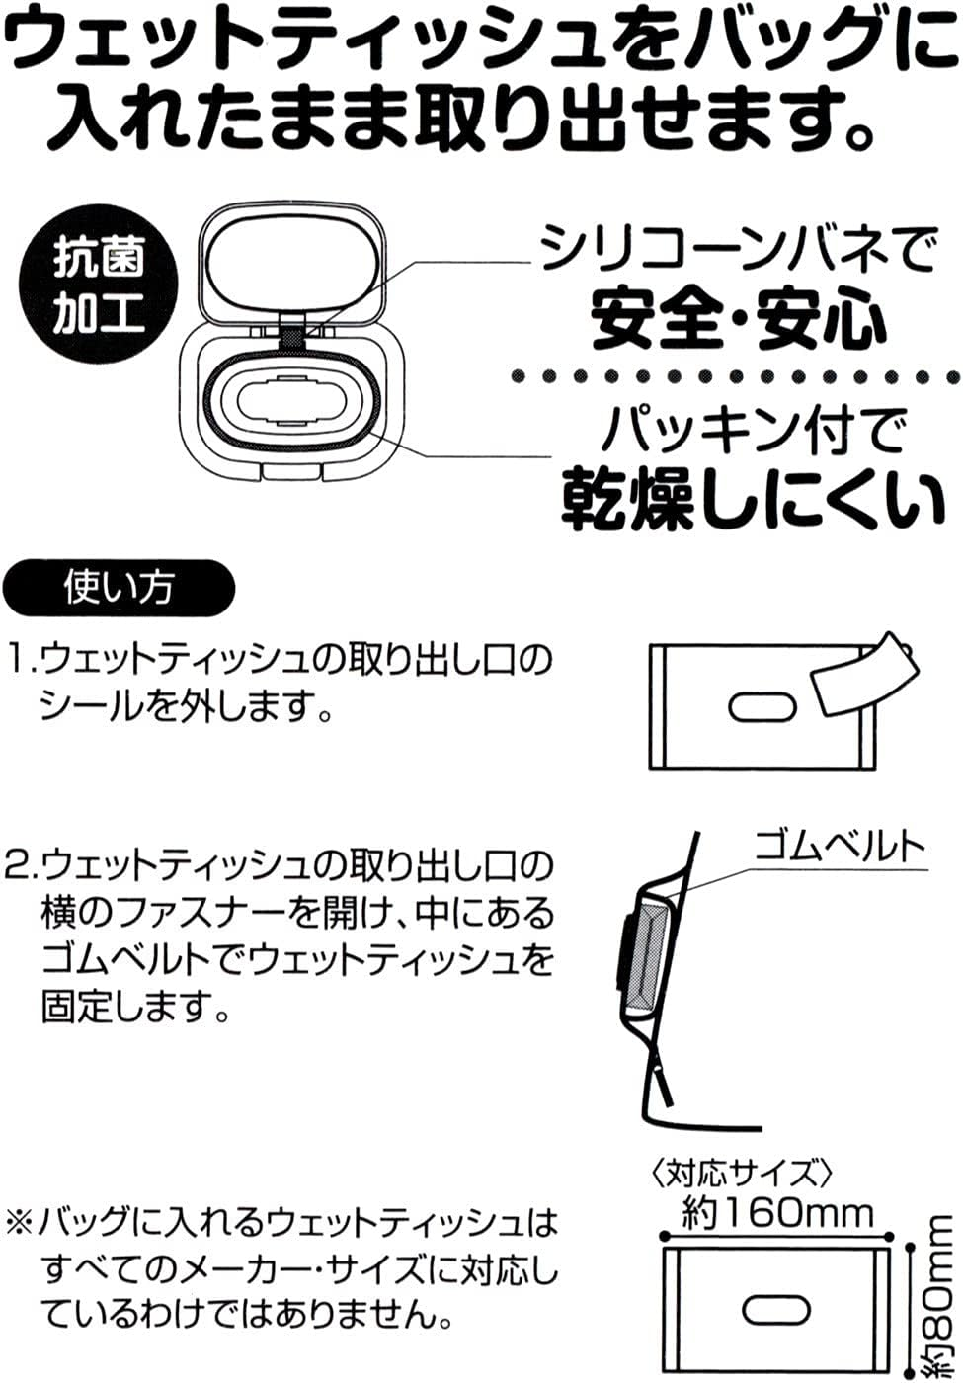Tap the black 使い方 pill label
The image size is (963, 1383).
click(x=119, y=588)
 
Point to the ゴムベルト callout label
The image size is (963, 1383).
click(x=840, y=848)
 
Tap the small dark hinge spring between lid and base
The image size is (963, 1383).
click(x=293, y=338)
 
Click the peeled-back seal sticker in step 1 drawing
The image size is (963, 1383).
click(x=865, y=680)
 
